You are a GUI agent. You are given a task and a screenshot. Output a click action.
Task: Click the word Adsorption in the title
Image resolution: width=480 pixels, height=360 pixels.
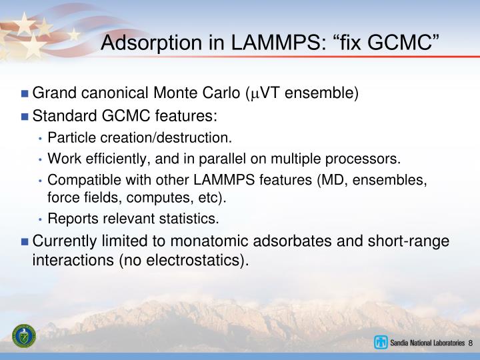click(151, 43)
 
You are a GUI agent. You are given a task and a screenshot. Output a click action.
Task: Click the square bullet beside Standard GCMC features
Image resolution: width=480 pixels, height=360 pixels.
click(25, 117)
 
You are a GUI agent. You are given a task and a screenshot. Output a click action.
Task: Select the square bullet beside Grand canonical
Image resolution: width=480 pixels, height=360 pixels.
click(25, 93)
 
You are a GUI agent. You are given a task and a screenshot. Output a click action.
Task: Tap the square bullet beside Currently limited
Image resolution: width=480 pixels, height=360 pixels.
click(25, 242)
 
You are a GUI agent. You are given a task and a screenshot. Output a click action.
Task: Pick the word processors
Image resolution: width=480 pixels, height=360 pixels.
click(363, 159)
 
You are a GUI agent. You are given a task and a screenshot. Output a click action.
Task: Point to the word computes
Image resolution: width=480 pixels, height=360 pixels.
click(160, 198)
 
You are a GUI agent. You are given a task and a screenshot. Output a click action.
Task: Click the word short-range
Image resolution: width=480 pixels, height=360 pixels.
click(409, 241)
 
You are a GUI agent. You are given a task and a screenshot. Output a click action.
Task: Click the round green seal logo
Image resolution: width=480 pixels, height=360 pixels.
click(24, 336)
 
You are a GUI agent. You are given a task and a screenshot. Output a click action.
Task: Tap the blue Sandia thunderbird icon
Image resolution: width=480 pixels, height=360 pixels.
click(381, 342)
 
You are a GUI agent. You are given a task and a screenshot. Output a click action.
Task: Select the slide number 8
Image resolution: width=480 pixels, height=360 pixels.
click(470, 343)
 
